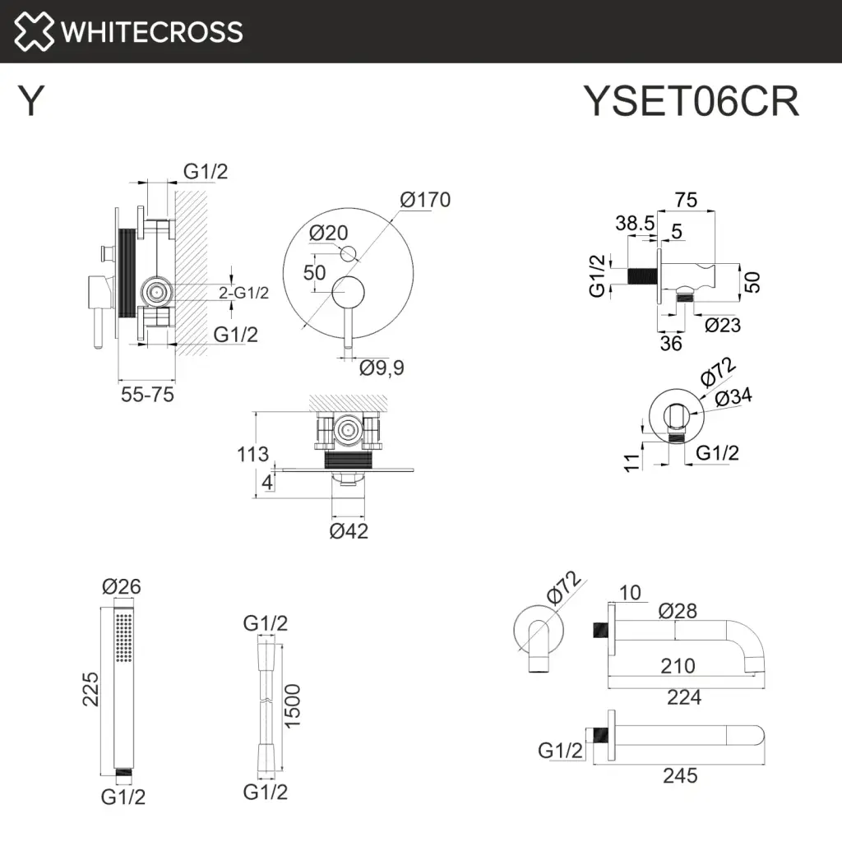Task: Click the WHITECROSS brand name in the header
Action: click(x=152, y=32)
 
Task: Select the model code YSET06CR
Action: click(x=691, y=102)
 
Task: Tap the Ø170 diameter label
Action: click(x=425, y=200)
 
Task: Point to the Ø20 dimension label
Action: click(x=329, y=233)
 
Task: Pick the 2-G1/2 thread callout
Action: click(x=243, y=292)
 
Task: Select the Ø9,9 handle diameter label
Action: click(x=382, y=368)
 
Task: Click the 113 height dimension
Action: click(x=252, y=454)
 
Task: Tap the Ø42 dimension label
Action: click(x=349, y=531)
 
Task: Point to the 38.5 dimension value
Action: click(x=635, y=223)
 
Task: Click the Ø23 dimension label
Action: click(x=723, y=326)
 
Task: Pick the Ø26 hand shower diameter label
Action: click(x=122, y=587)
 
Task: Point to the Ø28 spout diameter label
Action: click(x=678, y=611)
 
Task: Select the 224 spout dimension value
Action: click(x=684, y=697)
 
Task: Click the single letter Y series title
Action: click(x=30, y=102)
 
